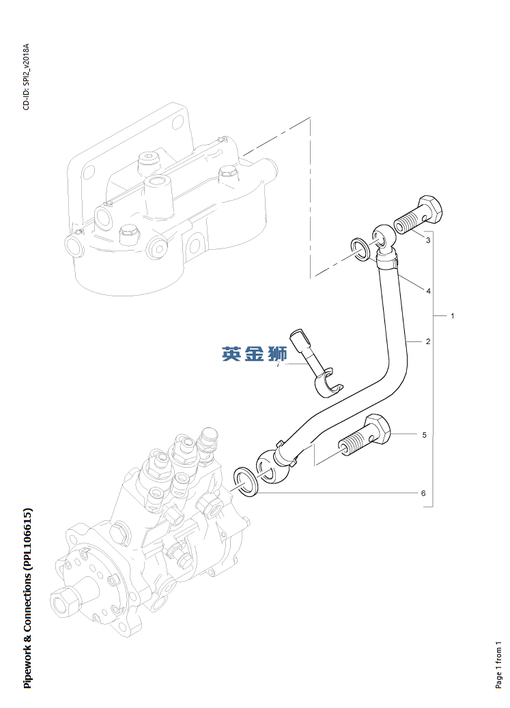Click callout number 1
point(452,316)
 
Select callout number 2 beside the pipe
point(428,341)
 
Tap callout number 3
point(428,240)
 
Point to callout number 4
point(428,292)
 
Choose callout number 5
point(424,435)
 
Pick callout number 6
point(423,493)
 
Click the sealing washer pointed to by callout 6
point(246,482)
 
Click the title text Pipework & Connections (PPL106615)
point(27,598)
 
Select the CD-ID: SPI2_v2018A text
point(27,76)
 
